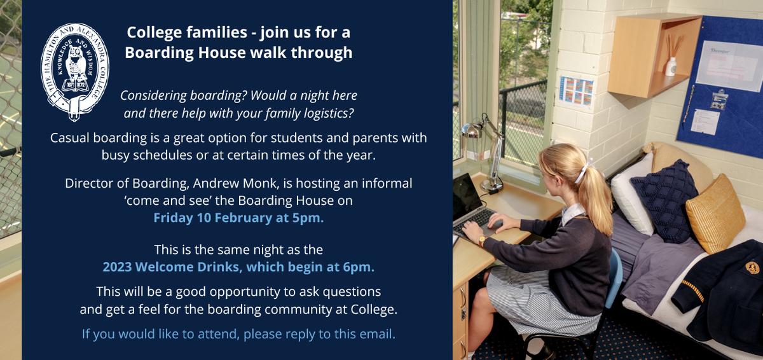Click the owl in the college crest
tap(74, 64)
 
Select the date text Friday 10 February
tap(213, 218)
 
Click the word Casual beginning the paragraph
tap(70, 138)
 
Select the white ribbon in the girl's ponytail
tap(583, 171)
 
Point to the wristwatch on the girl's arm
tap(482, 241)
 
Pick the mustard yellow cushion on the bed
tap(715, 214)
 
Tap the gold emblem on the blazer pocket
tap(752, 268)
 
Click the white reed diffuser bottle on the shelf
tap(671, 67)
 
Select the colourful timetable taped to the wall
tap(576, 91)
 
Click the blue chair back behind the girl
tap(616, 277)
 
